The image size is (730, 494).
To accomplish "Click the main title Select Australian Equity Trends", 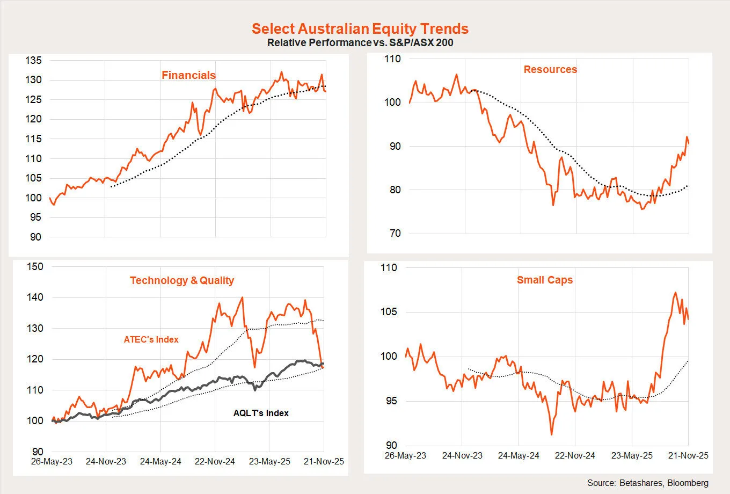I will click(360, 28).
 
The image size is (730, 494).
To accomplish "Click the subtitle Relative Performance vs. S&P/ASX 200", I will click(360, 42).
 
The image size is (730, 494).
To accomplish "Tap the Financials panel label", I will click(188, 75).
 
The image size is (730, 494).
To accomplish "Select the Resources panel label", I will click(550, 69).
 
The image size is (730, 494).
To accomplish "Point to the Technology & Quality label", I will click(182, 280).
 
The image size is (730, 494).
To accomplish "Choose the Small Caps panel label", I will click(545, 280).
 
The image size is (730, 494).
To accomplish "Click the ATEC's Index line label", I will click(151, 339).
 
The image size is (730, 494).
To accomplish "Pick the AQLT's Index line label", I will click(261, 413).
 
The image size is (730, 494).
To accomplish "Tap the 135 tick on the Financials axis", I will click(33, 61).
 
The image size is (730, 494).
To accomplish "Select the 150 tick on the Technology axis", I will click(35, 266).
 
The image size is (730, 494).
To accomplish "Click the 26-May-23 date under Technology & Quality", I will click(52, 461).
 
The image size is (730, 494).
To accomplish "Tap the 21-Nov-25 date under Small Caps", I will click(688, 455).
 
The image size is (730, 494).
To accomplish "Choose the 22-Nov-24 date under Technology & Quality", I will click(215, 461).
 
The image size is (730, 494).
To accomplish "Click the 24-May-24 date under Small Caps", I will click(519, 455).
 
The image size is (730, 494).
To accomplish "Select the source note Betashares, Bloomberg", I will click(647, 483).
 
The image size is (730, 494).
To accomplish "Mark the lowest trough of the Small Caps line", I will click(551, 434).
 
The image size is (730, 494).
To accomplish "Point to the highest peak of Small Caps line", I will click(675, 293).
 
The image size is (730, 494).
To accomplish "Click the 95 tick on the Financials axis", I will click(35, 217).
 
